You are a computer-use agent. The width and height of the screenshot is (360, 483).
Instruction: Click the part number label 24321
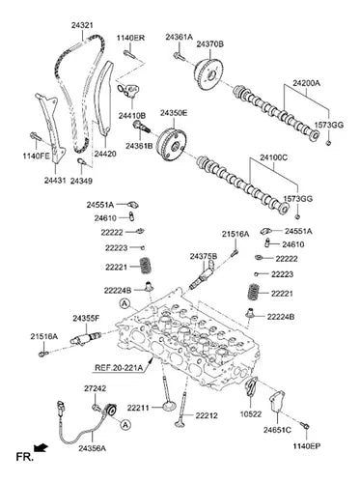82,25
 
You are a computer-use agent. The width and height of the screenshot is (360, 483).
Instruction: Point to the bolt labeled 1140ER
129,54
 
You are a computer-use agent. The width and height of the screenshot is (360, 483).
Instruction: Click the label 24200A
306,83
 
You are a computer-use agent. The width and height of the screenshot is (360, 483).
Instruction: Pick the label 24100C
273,157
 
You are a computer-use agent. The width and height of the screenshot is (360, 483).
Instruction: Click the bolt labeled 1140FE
36,137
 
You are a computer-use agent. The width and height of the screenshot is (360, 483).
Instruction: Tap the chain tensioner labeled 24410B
128,91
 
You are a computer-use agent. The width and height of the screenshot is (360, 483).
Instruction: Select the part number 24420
105,154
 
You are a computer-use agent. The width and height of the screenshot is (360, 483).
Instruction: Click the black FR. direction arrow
41,448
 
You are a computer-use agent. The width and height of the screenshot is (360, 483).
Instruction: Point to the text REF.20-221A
119,367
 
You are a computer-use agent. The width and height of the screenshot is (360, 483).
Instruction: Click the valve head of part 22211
169,406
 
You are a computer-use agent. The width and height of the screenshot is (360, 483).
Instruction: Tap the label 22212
207,415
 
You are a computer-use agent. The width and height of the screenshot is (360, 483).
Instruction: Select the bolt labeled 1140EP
305,426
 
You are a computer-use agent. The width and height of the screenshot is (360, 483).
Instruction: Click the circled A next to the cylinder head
125,303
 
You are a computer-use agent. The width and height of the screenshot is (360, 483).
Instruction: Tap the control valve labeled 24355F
86,338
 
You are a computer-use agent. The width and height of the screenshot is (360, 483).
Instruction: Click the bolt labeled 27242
97,408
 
